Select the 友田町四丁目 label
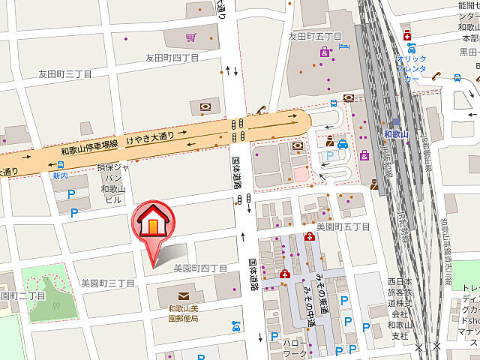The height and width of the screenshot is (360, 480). tap(172, 57)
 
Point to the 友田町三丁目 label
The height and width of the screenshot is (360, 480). tap(65, 74)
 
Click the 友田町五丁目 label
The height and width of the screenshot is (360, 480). tap(315, 36)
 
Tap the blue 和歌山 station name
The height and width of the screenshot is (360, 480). tap(394, 134)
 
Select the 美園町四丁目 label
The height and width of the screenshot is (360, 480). tap(200, 268)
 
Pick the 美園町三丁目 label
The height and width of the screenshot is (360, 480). tap(108, 283)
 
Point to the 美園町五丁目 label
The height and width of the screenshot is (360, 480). tap(343, 226)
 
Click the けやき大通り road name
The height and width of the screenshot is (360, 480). tap(151, 139)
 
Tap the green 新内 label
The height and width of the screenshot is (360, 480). tap(59, 175)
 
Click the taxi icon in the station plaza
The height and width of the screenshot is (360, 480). tap(342, 143)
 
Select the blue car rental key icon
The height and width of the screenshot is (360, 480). tap(457, 76)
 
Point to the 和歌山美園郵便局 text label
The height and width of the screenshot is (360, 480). tap(183, 313)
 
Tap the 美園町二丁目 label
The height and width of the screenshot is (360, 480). tap(23, 295)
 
